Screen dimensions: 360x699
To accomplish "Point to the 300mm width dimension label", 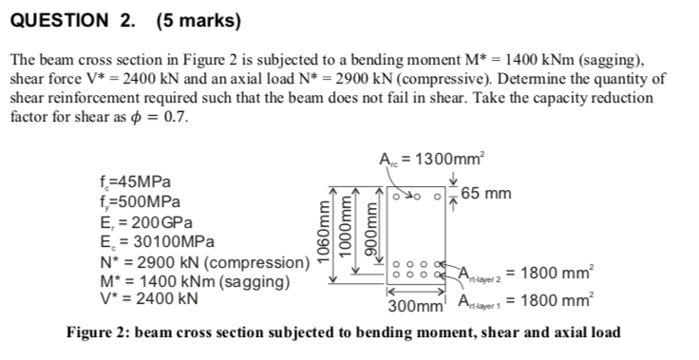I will [x=417, y=307].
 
